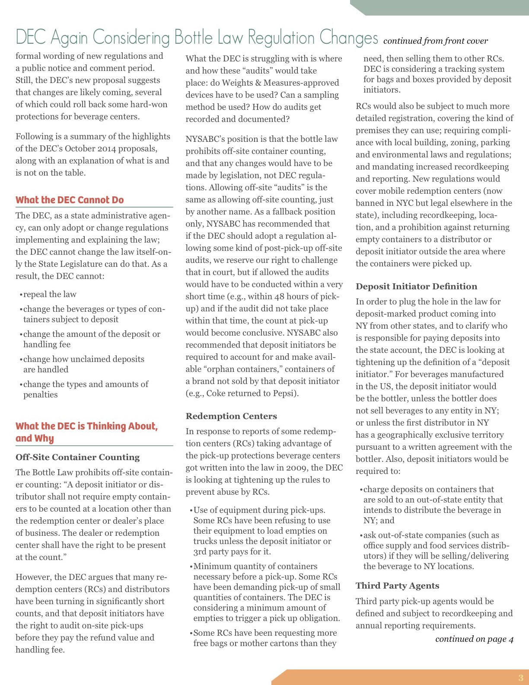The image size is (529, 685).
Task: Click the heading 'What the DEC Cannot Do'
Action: (x=70, y=200)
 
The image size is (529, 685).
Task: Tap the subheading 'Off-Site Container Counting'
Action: (x=78, y=457)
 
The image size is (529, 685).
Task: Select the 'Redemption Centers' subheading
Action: (x=231, y=416)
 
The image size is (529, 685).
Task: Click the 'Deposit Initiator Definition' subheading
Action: (x=416, y=286)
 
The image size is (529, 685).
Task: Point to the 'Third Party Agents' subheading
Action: (x=397, y=586)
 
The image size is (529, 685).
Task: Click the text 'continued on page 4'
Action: (x=474, y=639)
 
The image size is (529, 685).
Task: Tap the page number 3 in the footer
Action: (x=520, y=678)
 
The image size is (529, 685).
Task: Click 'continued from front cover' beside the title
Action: (x=435, y=41)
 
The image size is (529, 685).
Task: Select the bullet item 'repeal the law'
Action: (x=49, y=294)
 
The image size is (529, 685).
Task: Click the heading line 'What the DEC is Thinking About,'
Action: (x=86, y=426)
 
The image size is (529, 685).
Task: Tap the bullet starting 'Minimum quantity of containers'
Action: (x=255, y=566)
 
